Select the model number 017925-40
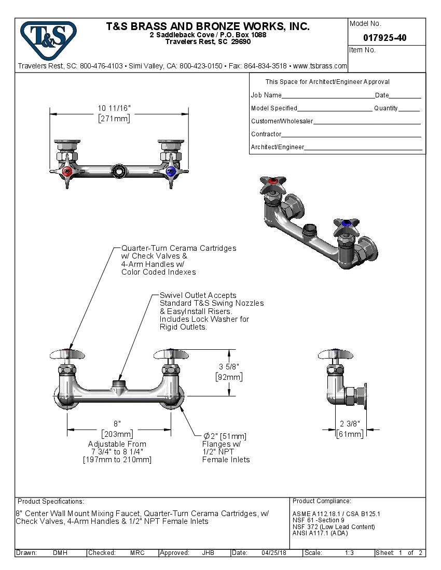point(384,38)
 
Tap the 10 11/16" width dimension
point(114,108)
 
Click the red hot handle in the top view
point(66,171)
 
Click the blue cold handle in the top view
point(171,171)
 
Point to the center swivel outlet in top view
point(119,172)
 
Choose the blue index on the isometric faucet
point(343,224)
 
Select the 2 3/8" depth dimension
point(350,423)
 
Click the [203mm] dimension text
point(117,434)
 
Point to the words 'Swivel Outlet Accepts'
point(198,295)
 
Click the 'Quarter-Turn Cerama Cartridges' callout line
point(178,248)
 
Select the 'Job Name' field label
point(266,95)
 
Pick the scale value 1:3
point(349,553)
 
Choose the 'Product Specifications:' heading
point(50,502)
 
